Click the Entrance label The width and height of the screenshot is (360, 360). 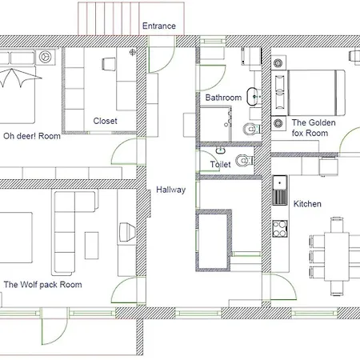pyautogui.click(x=159, y=26)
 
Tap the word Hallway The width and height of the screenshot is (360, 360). pyautogui.click(x=171, y=190)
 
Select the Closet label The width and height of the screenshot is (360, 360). pyautogui.click(x=105, y=121)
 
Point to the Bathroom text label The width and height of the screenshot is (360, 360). pyautogui.click(x=223, y=98)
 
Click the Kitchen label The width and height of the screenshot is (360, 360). pyautogui.click(x=307, y=204)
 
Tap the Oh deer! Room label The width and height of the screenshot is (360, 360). pyautogui.click(x=32, y=136)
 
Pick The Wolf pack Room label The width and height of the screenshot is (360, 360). pyautogui.click(x=42, y=285)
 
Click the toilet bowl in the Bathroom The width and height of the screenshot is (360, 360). pyautogui.click(x=251, y=130)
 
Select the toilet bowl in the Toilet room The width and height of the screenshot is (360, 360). pyautogui.click(x=244, y=161)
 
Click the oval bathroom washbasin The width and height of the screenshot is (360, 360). pyautogui.click(x=252, y=96)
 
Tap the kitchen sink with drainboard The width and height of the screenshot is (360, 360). pyautogui.click(x=280, y=190)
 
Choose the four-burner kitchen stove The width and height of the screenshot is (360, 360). pyautogui.click(x=280, y=229)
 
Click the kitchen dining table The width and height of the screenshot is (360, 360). pyautogui.click(x=337, y=256)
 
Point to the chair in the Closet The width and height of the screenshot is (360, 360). pyautogui.click(x=109, y=64)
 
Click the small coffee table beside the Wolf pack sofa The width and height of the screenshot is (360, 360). pyautogui.click(x=91, y=246)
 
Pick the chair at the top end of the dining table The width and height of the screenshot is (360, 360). pyautogui.click(x=337, y=225)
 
